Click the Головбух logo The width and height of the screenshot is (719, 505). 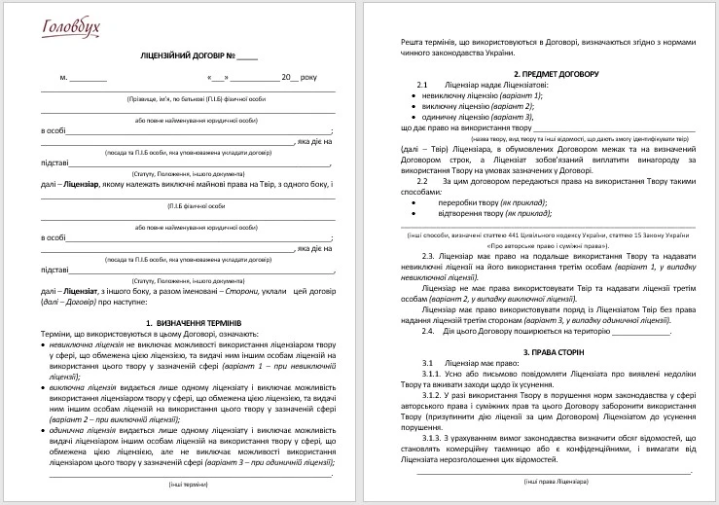70,27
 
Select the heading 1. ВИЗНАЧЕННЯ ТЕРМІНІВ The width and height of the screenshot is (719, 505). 194,322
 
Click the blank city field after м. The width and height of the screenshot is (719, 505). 89,76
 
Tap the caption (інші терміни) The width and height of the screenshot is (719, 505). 186,484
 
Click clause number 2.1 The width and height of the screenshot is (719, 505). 422,86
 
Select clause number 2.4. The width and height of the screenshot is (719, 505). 429,331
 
